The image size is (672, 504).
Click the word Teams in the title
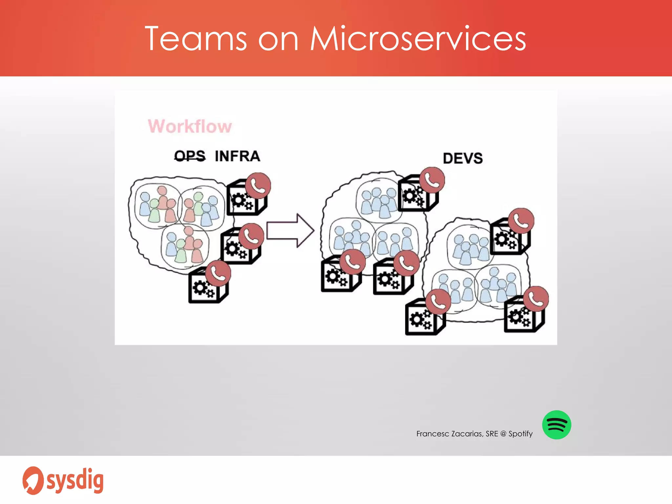click(196, 39)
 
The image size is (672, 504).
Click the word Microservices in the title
click(418, 39)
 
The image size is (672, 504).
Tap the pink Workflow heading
click(190, 126)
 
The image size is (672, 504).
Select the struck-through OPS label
click(190, 156)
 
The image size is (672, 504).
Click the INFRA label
click(237, 156)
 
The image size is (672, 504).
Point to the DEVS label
click(463, 158)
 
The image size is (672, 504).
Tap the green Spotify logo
click(556, 425)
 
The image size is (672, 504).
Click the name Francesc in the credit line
click(432, 434)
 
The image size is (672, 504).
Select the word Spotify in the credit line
click(520, 434)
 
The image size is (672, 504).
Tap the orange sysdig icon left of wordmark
click(32, 480)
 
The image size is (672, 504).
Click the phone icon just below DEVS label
click(432, 180)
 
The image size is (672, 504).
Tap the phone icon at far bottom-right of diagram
click(536, 299)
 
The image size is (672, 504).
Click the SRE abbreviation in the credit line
click(492, 434)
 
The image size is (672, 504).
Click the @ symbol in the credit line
click(503, 434)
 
